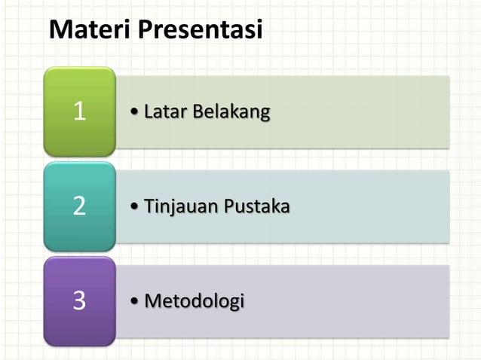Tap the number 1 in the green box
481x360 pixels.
[79, 112]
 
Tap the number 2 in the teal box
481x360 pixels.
[79, 206]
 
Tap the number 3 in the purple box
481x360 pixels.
[79, 301]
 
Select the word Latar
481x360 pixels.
[165, 112]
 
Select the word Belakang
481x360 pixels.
[231, 112]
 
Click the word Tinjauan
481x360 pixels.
[179, 206]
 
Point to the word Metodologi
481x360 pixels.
[194, 301]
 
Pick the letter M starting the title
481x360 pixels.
[59, 30]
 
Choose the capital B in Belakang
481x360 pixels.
[198, 112]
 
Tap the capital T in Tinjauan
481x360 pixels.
[149, 206]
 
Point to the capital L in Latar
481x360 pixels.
[149, 112]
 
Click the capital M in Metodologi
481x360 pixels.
[152, 301]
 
